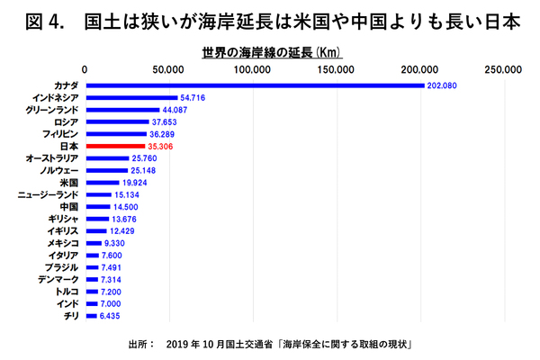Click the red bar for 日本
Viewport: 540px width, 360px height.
pyautogui.click(x=114, y=145)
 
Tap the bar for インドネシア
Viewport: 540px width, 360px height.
pyautogui.click(x=131, y=97)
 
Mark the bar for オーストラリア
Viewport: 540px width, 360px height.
pyautogui.click(x=106, y=157)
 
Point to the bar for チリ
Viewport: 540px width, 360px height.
pyautogui.click(x=90, y=316)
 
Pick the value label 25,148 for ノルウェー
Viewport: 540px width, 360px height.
pyautogui.click(x=146, y=169)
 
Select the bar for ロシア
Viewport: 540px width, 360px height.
pyautogui.click(x=115, y=121)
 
